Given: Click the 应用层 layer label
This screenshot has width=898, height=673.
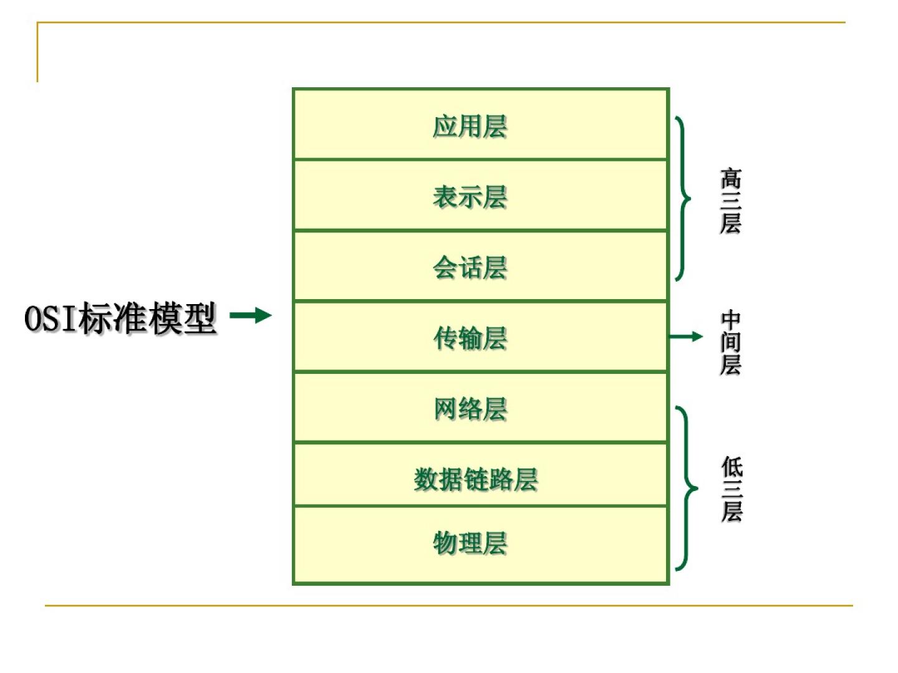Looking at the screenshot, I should click(x=470, y=126).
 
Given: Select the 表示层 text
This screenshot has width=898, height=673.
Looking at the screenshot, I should click(x=470, y=197).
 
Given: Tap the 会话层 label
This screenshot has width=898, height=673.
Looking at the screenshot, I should click(x=470, y=268).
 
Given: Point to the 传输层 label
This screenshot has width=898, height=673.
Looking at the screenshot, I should click(x=470, y=338).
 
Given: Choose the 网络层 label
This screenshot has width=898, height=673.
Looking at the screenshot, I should click(x=470, y=409).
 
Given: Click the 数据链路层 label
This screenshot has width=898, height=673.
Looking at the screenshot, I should click(x=475, y=480).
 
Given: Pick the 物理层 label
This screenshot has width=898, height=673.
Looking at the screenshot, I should click(x=470, y=543).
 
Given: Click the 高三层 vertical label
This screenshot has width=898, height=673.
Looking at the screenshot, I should click(x=730, y=201).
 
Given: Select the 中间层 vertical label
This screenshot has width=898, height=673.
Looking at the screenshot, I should click(x=730, y=343).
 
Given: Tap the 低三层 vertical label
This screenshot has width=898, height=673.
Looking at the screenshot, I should click(x=731, y=489).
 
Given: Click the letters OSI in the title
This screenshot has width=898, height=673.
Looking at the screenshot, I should click(x=50, y=318).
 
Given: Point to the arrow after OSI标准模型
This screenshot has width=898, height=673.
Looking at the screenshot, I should click(x=251, y=315).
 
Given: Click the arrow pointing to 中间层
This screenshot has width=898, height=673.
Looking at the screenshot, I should click(x=685, y=336).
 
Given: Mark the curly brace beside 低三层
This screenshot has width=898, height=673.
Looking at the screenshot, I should click(x=686, y=488).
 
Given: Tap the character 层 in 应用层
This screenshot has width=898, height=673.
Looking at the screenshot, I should click(x=495, y=126).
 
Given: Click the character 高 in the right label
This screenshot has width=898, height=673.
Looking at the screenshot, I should click(x=730, y=179).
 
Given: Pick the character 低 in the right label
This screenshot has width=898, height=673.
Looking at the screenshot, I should click(x=731, y=467).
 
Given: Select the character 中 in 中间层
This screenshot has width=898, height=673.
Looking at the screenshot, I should click(x=730, y=320).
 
